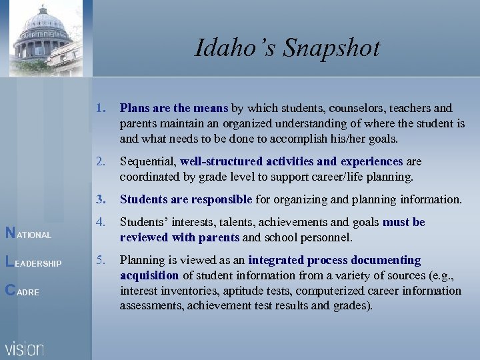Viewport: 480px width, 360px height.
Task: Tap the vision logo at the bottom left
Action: pos(25,348)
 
